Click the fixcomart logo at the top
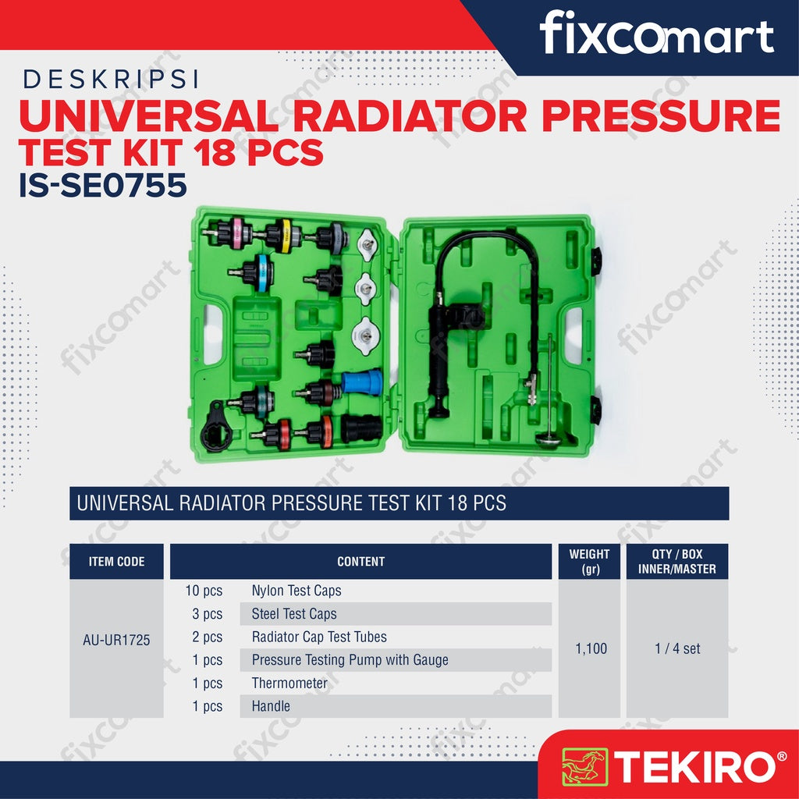[x=656, y=34]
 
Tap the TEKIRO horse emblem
[x=584, y=766]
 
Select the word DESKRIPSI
[x=111, y=80]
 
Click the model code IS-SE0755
[x=102, y=186]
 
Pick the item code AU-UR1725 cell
[x=116, y=640]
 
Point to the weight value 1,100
[x=591, y=648]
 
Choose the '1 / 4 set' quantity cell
[x=677, y=648]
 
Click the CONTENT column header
[x=360, y=562]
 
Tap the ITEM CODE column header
[x=116, y=562]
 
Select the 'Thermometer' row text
[x=289, y=683]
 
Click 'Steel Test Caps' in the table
[x=294, y=614]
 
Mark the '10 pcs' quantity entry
[x=204, y=591]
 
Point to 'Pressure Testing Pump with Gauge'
[x=350, y=660]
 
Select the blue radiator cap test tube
[x=362, y=382]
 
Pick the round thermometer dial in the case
[x=549, y=440]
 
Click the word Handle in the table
[x=271, y=706]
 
